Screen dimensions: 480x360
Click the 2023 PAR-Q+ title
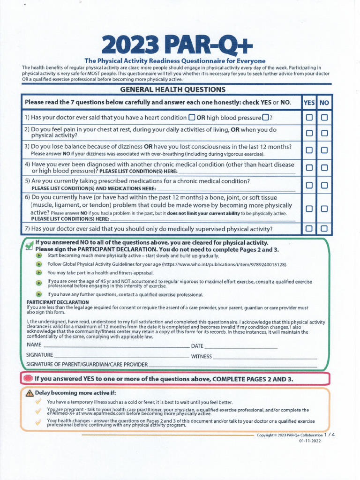[177, 45]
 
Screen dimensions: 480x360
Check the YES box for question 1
[309, 118]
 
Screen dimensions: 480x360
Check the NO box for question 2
[324, 133]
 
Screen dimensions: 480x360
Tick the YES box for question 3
[309, 150]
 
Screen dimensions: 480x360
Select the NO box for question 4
[324, 167]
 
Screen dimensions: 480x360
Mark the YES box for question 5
[309, 185]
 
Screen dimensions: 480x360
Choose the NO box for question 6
[324, 209]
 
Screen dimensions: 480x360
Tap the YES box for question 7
[309, 229]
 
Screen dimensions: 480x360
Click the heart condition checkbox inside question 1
[191, 117]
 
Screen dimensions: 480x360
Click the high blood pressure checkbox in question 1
[266, 117]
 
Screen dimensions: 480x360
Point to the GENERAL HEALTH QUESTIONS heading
[173, 90]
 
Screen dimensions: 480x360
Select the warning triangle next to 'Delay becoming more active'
[30, 393]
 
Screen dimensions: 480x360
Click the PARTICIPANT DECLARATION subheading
[58, 302]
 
